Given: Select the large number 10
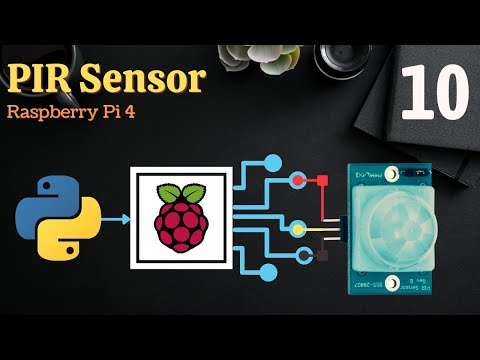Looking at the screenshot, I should point(437,93).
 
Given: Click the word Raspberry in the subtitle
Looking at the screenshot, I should point(51,111).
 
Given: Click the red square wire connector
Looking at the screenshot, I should point(323,181).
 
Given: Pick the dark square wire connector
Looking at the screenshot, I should point(322,255).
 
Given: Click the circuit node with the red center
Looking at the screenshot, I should point(297,181).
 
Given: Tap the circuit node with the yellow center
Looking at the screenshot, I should point(297,230).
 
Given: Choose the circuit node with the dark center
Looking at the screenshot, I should point(297,255).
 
